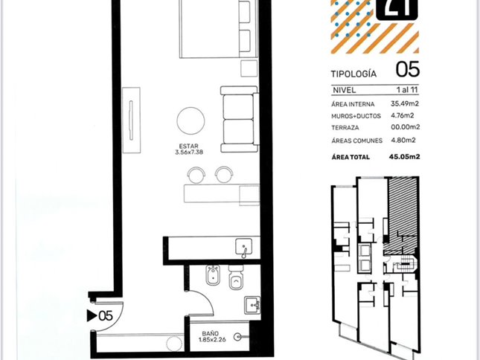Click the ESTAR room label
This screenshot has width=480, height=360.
pos(189,147)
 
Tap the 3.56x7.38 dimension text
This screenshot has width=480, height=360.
pos(189,152)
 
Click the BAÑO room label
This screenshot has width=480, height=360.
pos(211,333)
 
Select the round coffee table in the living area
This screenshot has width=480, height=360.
pos(191,120)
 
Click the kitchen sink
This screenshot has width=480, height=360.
pos(243,246)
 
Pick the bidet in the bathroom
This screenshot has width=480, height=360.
pos(213,275)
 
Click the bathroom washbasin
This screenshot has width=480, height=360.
pos(252,305)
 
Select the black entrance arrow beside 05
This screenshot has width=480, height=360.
pos(92,315)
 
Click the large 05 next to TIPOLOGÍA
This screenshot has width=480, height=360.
pos(408,69)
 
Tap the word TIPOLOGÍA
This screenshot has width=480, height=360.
pos(353,74)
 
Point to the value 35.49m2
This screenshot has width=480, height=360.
pos(404,103)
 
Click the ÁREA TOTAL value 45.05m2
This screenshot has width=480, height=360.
pos(404,157)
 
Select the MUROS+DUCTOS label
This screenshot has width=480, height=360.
pos(356,116)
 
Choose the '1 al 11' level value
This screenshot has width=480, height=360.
pos(407,89)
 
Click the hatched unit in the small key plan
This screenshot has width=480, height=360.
pos(402,211)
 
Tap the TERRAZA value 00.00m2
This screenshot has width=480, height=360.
pos(405,127)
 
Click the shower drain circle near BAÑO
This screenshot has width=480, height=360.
pos(237,337)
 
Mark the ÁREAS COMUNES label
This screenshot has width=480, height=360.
pos(357,141)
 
